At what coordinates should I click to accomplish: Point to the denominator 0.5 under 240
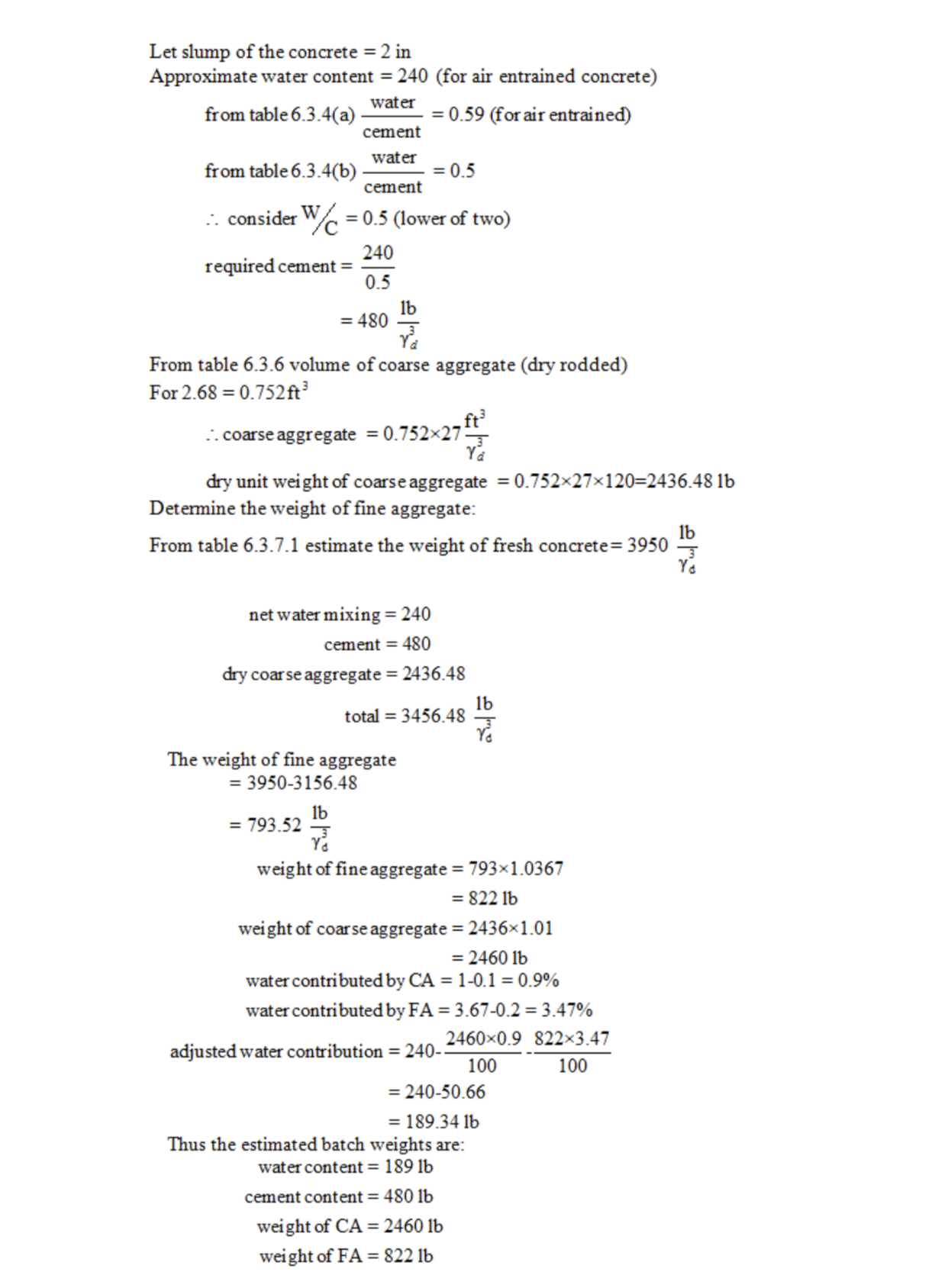(377, 282)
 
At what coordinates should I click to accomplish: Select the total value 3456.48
(433, 716)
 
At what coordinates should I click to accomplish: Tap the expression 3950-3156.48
(301, 783)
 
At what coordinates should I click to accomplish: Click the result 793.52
(274, 825)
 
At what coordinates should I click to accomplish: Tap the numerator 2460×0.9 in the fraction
(484, 1039)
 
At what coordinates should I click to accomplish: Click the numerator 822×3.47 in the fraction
(572, 1039)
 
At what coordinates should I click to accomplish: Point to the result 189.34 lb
(442, 1122)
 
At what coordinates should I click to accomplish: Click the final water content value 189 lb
(408, 1167)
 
